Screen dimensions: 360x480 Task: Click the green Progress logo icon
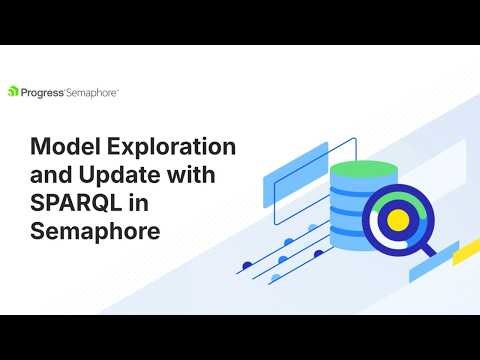point(13,91)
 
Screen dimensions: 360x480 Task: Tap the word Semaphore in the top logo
point(94,91)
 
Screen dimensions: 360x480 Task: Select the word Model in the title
point(62,148)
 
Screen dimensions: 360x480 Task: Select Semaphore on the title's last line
point(95,233)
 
